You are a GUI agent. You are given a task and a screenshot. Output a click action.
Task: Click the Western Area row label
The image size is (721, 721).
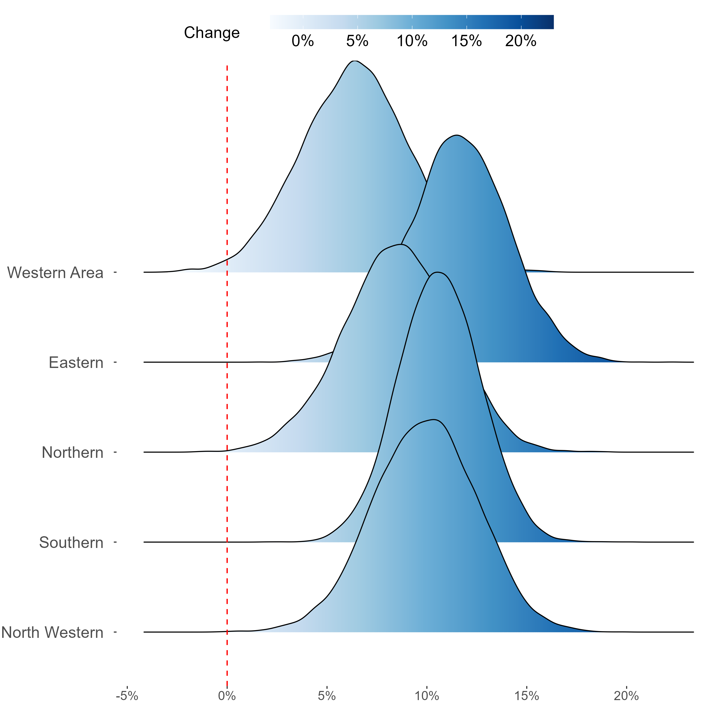(x=55, y=273)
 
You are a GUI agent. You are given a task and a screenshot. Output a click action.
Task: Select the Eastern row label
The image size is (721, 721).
(x=76, y=363)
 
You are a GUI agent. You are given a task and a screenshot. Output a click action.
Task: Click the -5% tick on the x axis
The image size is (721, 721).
(x=127, y=696)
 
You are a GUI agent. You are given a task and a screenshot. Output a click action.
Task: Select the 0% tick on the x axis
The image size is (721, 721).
(x=227, y=696)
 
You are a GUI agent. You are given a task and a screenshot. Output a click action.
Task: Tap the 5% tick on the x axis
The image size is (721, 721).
(x=327, y=696)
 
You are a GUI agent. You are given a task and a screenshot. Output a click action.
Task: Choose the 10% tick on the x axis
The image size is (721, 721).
(x=427, y=696)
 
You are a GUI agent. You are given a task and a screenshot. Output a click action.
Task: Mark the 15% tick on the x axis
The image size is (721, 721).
(x=527, y=696)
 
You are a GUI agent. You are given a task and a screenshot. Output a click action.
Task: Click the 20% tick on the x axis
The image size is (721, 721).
(x=627, y=696)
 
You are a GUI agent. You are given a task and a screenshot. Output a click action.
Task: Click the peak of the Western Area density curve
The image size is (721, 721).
(x=355, y=61)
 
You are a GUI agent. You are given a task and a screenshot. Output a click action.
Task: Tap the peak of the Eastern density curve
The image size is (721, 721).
(x=456, y=135)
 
